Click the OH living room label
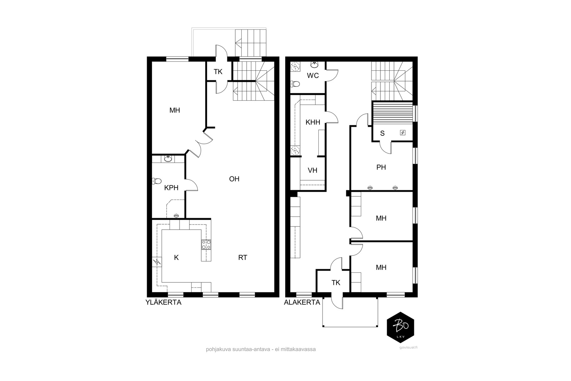click(x=234, y=179)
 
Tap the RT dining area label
click(x=243, y=257)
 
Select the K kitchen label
click(x=176, y=257)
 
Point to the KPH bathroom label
click(x=171, y=188)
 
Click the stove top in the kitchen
click(x=206, y=245)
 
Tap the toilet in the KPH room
click(x=157, y=181)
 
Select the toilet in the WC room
click(x=295, y=84)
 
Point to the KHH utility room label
click(x=313, y=122)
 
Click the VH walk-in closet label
click(x=313, y=170)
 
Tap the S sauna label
click(x=382, y=134)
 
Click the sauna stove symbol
click(x=403, y=132)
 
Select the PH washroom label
click(x=381, y=167)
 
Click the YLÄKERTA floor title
click(x=163, y=302)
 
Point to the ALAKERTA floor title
click(x=302, y=302)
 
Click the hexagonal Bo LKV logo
click(x=400, y=327)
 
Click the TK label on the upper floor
click(x=218, y=72)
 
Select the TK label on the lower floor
click(x=336, y=282)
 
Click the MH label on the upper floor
click(x=175, y=110)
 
